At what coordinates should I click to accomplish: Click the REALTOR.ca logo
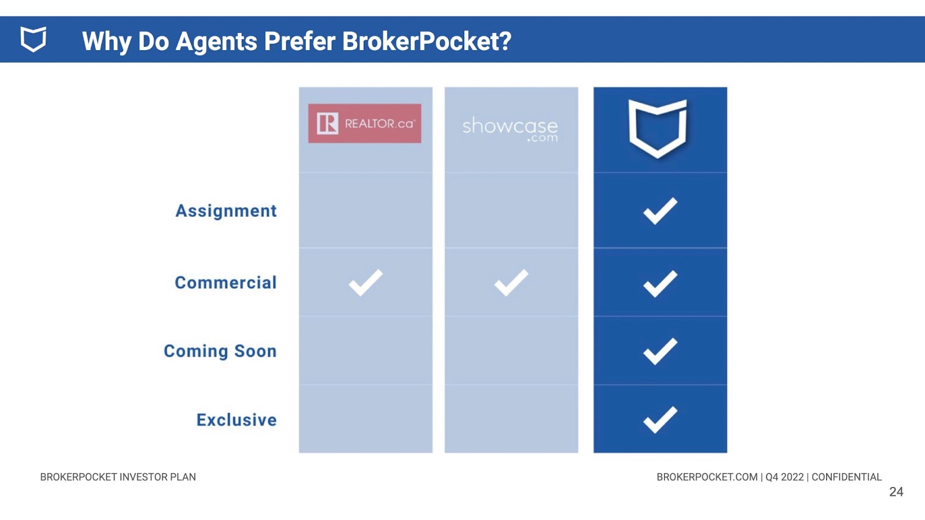tap(365, 124)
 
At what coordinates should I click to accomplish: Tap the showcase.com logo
tap(510, 129)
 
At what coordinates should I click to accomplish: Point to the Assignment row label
tap(226, 210)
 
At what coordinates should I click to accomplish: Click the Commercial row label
tap(225, 283)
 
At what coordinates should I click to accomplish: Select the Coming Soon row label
tap(220, 351)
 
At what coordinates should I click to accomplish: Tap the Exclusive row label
tap(236, 419)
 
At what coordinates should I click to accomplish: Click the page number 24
tap(896, 492)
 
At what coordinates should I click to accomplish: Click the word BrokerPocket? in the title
tap(427, 41)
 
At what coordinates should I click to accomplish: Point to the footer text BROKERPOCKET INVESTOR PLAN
tap(118, 477)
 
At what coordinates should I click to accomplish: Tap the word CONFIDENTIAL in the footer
tap(846, 477)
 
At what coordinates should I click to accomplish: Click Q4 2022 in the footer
tap(785, 477)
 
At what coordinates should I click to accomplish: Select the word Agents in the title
tap(216, 42)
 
